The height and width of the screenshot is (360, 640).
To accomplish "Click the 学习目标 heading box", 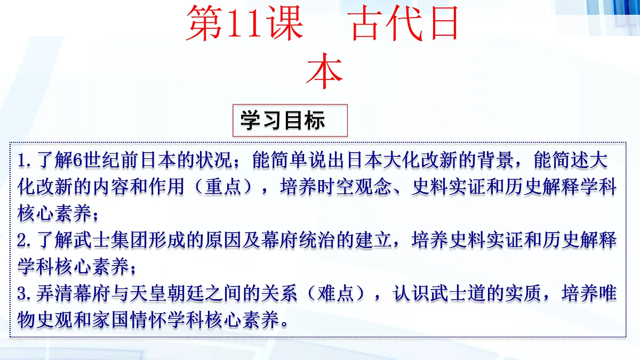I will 290,121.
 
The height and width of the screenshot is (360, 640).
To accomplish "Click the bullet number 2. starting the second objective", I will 26,241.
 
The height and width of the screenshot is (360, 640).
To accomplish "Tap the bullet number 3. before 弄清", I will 26,294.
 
